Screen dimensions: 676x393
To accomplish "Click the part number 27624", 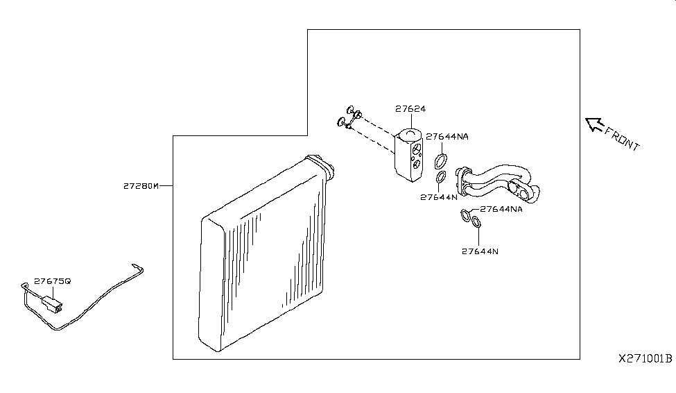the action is pos(410,109).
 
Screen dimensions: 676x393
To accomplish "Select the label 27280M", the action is pos(141,186).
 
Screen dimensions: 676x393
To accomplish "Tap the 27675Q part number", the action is pos(52,281).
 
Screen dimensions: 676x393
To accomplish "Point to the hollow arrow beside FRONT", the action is pos(593,124).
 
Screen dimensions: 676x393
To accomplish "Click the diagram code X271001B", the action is pos(645,358).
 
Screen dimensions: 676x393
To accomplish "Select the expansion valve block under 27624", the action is pos(408,155).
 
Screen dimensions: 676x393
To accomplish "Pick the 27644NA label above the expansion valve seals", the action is pos(447,137).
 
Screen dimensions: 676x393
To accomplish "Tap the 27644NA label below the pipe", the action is pos(501,209).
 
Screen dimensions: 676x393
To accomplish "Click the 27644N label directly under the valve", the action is pos(439,197).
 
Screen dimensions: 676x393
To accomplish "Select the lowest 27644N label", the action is pos(480,251).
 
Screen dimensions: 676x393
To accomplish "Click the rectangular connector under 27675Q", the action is pos(52,303).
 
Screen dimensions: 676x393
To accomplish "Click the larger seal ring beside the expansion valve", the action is pos(440,161).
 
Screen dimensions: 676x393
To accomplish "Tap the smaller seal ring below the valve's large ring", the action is pos(440,177).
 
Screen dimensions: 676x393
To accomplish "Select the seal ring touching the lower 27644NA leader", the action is pos(466,215).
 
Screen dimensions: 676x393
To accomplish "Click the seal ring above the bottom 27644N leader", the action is pos(476,221).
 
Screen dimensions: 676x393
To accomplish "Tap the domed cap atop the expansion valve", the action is pos(408,135).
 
